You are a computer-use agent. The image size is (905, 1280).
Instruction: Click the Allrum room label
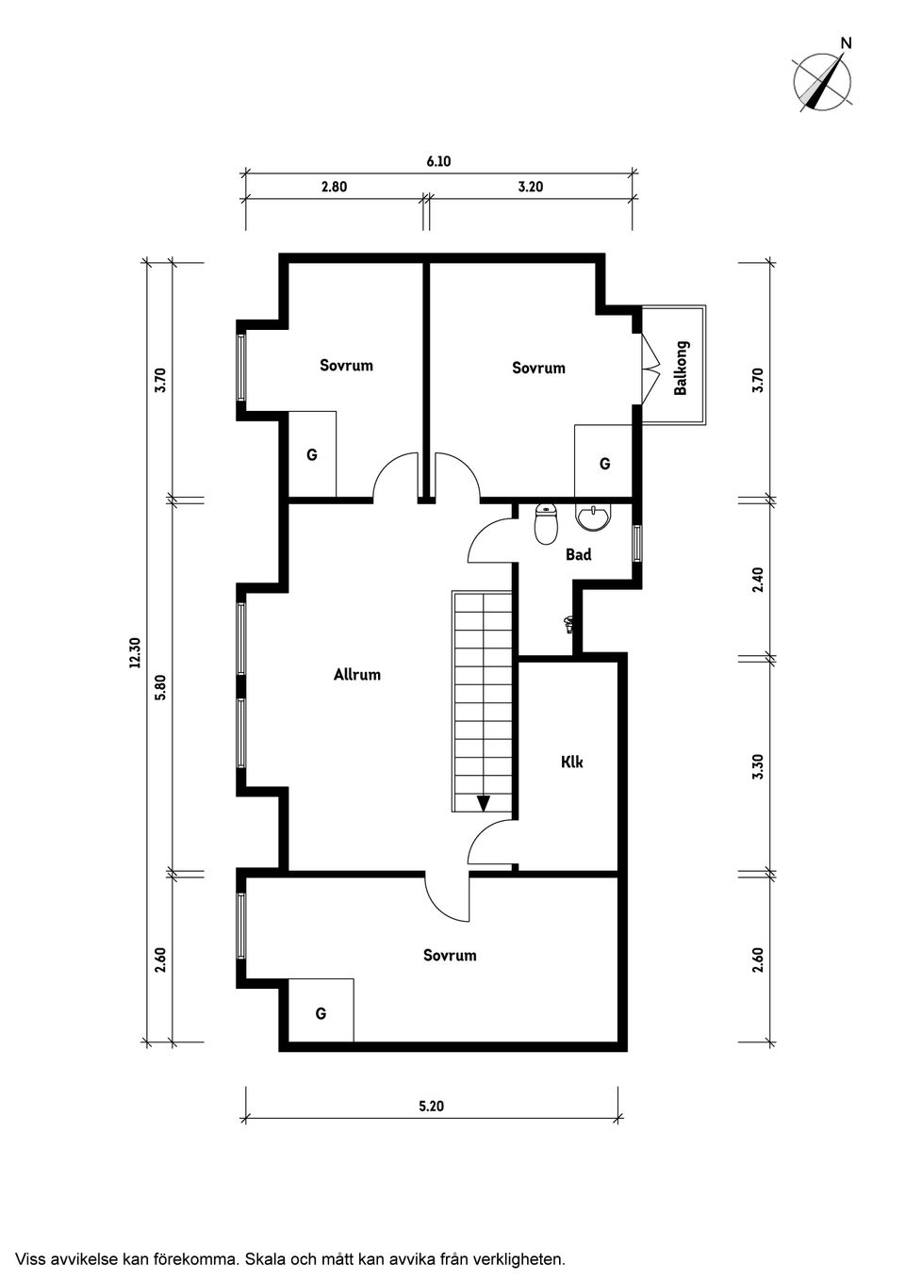356,674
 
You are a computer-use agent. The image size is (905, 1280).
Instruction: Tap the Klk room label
571,762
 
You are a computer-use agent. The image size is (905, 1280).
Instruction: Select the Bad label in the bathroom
578,554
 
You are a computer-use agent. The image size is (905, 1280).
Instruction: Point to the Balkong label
681,368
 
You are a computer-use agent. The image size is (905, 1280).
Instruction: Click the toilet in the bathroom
546,525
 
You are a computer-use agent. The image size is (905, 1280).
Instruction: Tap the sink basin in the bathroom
593,517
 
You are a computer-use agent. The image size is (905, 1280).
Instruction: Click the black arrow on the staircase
484,803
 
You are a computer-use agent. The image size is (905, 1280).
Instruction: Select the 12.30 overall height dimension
134,652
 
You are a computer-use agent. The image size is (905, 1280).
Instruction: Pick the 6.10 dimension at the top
438,161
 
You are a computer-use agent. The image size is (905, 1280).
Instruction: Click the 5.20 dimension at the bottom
431,1106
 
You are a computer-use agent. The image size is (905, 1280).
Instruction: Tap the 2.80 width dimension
334,187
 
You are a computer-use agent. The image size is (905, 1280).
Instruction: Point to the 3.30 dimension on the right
758,764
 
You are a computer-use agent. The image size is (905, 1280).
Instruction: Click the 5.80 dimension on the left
160,687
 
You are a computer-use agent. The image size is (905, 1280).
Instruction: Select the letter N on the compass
846,42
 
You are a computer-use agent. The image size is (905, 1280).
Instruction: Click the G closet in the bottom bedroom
321,1013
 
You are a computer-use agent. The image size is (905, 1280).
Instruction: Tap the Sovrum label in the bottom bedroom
450,955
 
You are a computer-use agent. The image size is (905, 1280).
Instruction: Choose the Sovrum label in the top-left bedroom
346,365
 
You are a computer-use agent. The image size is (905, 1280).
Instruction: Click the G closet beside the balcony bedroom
604,463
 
